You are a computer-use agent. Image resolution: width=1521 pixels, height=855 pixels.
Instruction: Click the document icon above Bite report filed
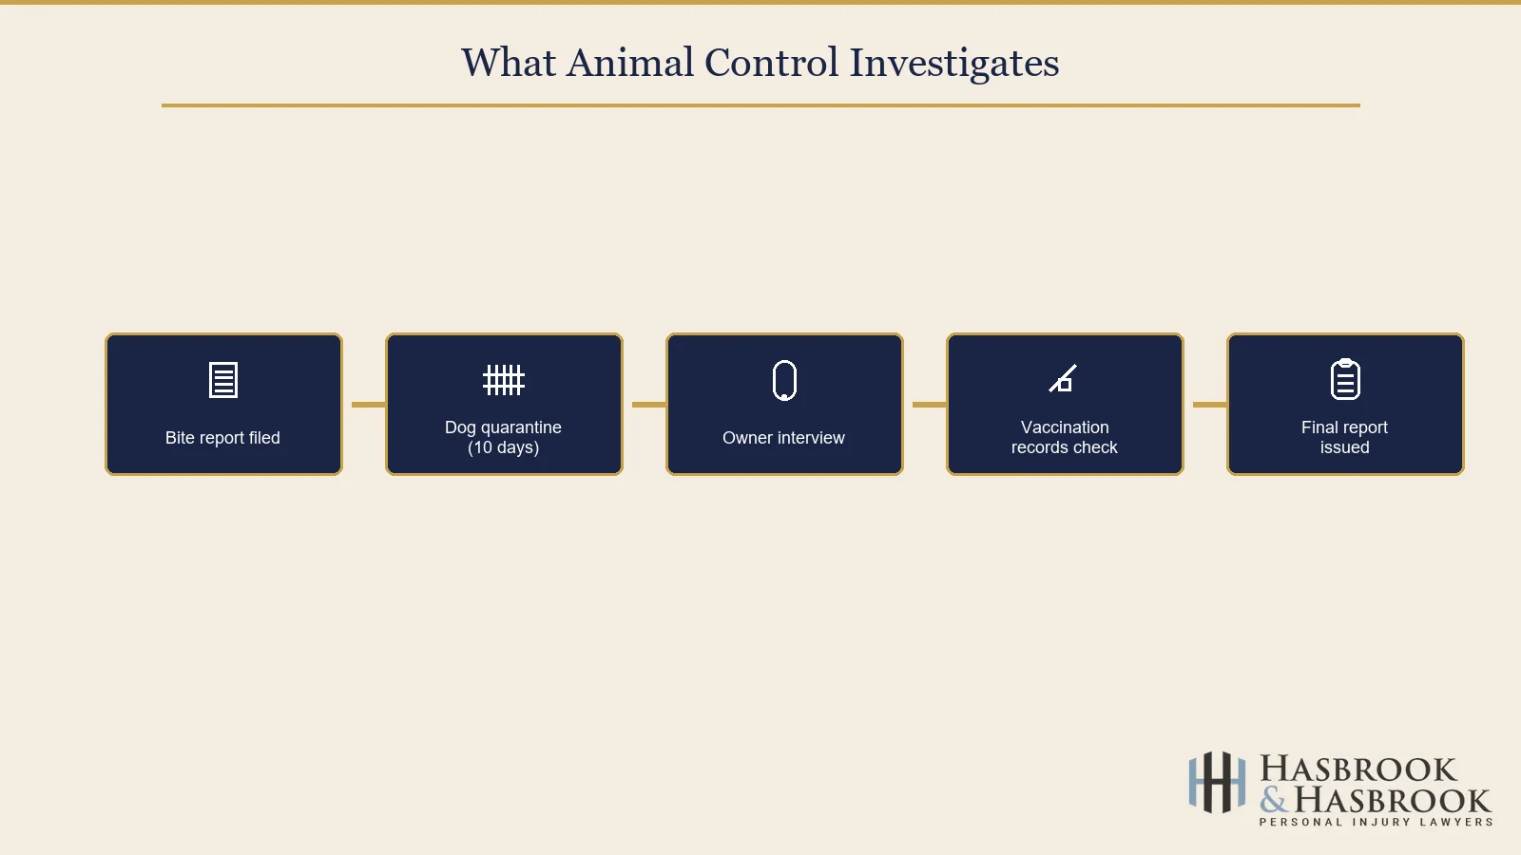(x=223, y=380)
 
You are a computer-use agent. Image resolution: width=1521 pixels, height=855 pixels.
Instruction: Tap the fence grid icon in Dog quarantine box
(x=504, y=380)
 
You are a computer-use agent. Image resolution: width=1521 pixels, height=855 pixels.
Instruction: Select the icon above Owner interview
(x=784, y=380)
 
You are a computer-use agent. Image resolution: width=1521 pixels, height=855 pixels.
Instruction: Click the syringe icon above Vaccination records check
(x=1063, y=379)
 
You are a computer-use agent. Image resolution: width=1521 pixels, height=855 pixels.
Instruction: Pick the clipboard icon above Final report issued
(x=1345, y=379)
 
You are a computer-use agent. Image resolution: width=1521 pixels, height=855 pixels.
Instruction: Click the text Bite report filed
(x=222, y=438)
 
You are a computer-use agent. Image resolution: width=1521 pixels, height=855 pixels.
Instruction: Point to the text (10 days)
(x=503, y=447)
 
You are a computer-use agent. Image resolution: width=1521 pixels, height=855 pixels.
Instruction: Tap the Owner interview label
(x=783, y=438)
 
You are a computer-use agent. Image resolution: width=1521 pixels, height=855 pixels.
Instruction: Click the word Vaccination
(x=1065, y=427)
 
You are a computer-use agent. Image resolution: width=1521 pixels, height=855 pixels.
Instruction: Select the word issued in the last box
(x=1344, y=447)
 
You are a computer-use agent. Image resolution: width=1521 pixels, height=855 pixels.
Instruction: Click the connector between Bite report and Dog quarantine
(x=368, y=405)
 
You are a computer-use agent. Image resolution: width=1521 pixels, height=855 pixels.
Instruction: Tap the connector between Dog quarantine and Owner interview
(x=648, y=405)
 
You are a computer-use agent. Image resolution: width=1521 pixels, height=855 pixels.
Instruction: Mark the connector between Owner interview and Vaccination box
(x=929, y=405)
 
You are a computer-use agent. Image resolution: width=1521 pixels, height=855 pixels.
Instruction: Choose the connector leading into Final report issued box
(x=1209, y=405)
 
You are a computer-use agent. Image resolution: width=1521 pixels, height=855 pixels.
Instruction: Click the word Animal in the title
(x=630, y=63)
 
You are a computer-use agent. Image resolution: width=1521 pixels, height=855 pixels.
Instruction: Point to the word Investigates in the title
(x=953, y=63)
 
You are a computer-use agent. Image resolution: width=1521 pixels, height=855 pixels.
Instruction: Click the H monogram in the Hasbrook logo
(x=1216, y=783)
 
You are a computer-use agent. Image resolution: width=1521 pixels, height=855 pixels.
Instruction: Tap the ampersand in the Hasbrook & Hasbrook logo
(x=1274, y=800)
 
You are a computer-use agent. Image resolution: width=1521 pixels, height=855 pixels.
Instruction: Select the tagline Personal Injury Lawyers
(x=1376, y=822)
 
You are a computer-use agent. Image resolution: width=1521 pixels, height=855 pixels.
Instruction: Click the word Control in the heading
(x=771, y=63)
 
